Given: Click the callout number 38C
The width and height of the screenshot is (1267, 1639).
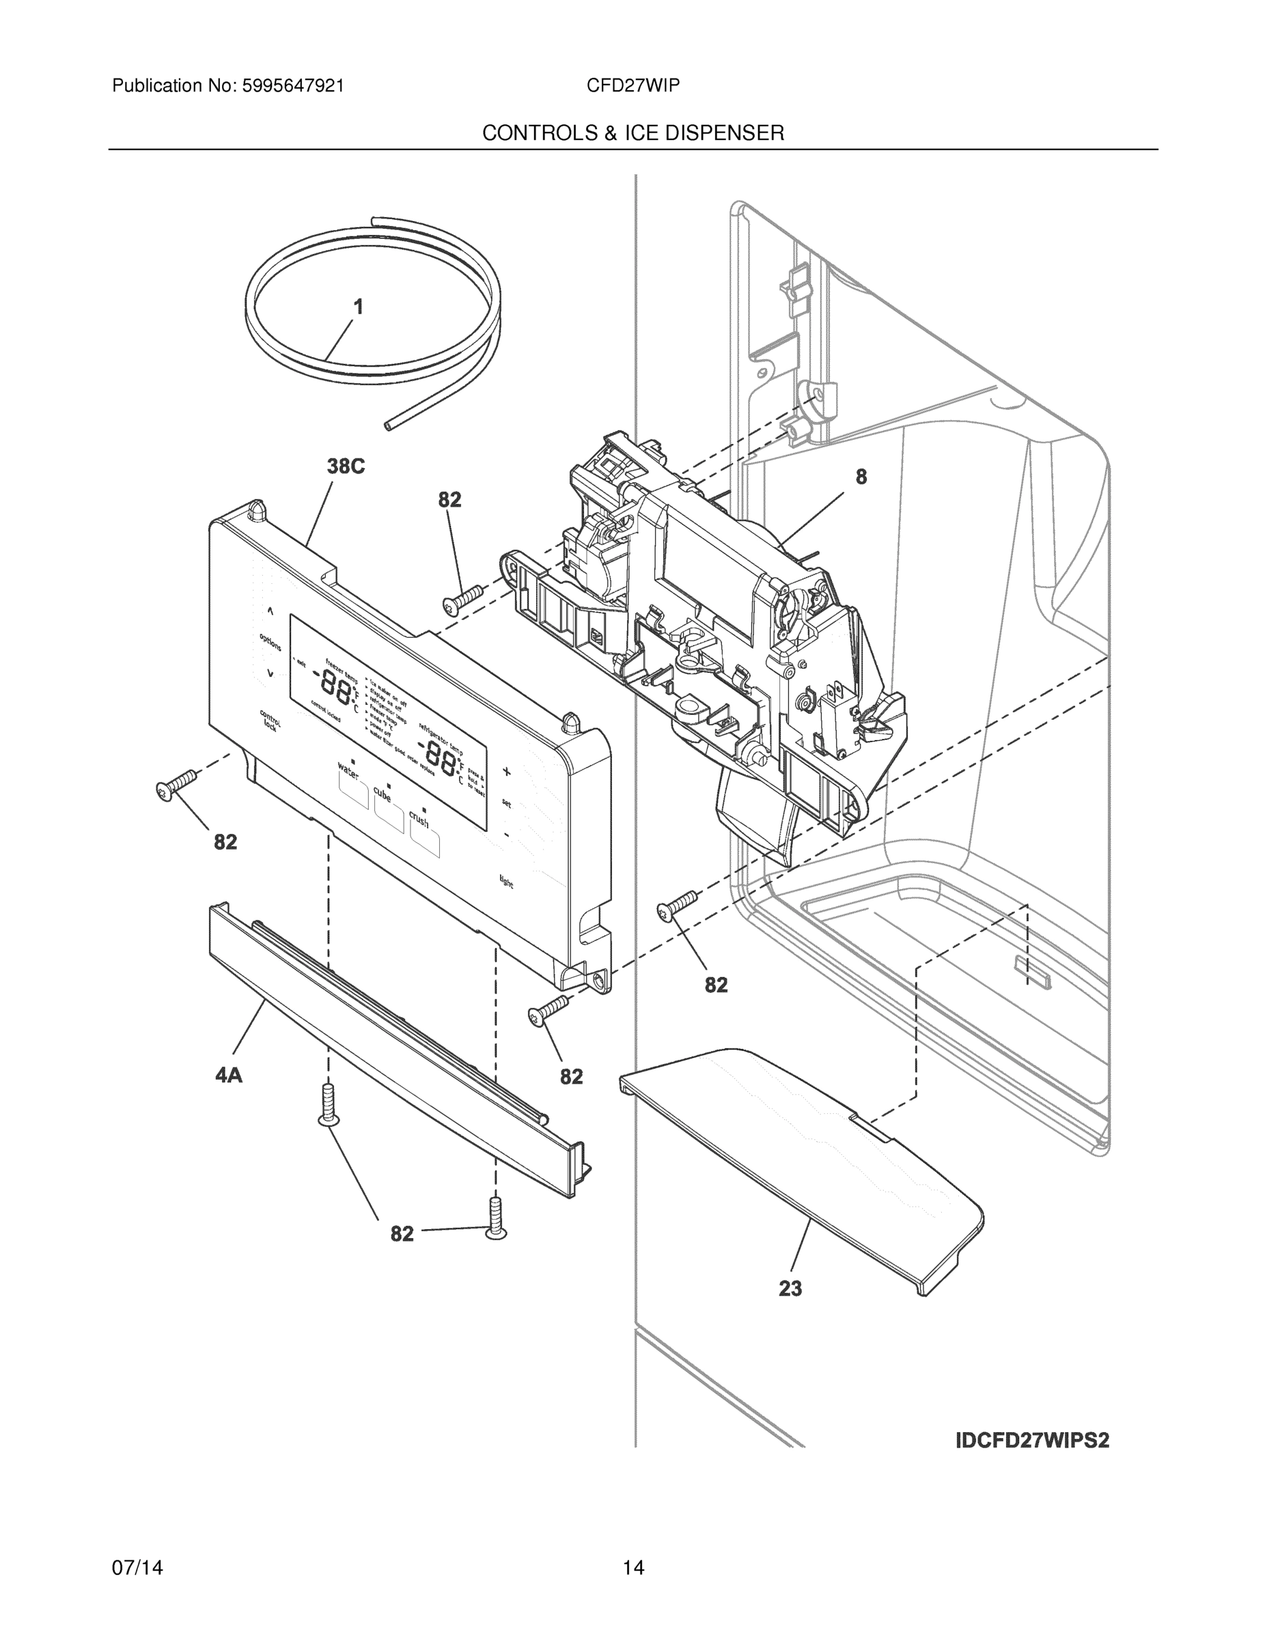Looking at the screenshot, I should coord(346,467).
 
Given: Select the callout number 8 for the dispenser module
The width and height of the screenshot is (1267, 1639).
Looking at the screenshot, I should coord(861,477).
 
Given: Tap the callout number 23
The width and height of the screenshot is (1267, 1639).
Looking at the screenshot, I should coord(790,1289).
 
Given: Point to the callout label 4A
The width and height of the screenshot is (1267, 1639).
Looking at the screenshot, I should coord(229,1076).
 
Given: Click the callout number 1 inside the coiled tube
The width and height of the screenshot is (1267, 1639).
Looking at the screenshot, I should coord(358,307).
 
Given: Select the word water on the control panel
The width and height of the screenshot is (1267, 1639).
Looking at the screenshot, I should coord(348,769).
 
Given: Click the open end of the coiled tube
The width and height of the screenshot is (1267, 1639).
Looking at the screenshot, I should coord(387,425).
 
